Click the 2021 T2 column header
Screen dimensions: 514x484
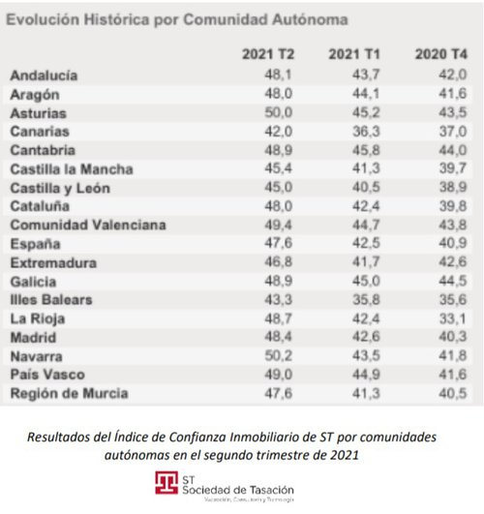coord(262,52)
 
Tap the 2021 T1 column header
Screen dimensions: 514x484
coord(349,52)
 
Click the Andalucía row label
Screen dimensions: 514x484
coord(45,76)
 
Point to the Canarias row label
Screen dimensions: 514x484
coord(42,132)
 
